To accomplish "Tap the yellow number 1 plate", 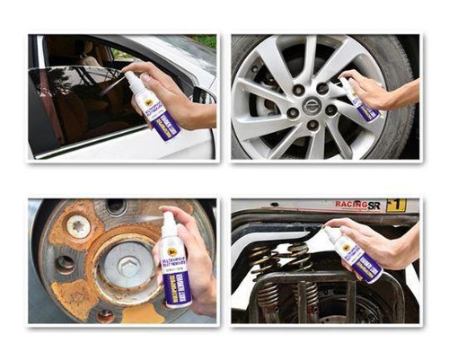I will click(x=396, y=206).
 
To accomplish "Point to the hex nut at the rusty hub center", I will click(x=128, y=267).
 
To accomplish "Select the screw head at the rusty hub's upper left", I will click(x=78, y=227).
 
